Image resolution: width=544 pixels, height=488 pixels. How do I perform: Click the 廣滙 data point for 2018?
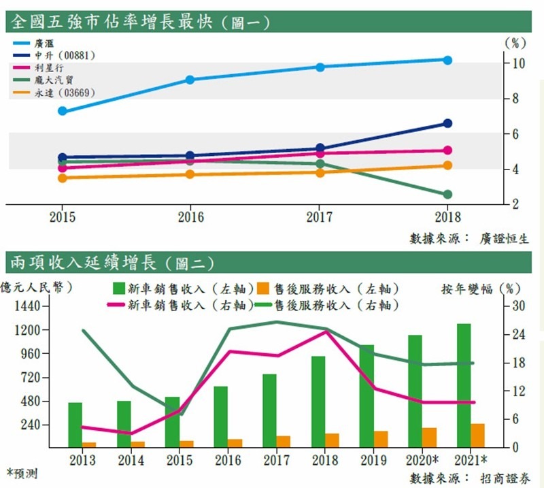447,60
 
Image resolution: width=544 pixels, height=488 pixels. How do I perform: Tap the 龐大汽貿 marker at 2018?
447,195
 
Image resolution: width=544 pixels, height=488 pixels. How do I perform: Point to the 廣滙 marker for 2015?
63,111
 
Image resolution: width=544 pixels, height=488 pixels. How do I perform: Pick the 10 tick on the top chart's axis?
518,63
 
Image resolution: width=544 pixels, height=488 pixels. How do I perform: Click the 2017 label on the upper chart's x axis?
319,218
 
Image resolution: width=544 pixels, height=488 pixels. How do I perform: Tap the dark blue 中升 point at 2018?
447,123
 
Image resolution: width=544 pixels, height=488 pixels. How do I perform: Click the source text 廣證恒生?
504,238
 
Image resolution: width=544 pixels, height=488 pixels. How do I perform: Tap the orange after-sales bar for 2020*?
430,437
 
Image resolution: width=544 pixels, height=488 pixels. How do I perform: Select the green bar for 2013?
75,425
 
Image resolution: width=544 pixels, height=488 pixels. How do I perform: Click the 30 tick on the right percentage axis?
519,306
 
